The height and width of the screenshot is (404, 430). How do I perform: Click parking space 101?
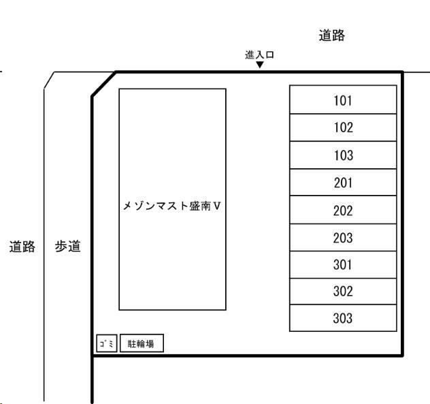pos(343,100)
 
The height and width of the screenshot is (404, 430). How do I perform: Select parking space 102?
pos(343,127)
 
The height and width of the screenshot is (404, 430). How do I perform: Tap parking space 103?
pos(343,155)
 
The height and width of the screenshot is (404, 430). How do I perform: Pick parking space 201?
pos(343,183)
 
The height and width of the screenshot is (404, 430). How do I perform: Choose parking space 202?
pos(343,211)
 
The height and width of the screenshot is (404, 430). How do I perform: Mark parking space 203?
pos(343,238)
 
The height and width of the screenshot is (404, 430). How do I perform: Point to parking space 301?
pos(343,265)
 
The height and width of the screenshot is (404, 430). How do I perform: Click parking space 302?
pos(343,292)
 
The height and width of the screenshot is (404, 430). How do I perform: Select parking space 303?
pos(343,318)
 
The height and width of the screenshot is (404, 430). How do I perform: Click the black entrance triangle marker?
pos(260,65)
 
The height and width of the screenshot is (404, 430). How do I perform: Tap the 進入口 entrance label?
pos(259,55)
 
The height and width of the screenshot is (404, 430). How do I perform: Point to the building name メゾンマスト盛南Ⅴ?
pos(172,205)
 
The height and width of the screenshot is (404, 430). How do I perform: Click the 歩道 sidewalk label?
pos(67,246)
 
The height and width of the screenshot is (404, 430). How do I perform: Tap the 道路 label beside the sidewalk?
pos(22,246)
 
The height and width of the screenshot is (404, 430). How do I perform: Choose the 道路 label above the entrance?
pos(331,37)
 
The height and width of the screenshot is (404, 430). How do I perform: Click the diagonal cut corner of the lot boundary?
pos(104,84)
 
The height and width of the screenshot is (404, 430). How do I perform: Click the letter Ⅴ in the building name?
pos(217,205)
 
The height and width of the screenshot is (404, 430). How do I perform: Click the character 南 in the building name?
pos(205,205)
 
